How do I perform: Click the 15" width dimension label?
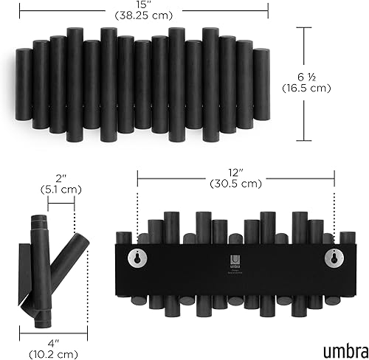[x=144, y=7]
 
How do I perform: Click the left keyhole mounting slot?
[x=137, y=257]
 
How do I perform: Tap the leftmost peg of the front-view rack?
[x=23, y=81]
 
